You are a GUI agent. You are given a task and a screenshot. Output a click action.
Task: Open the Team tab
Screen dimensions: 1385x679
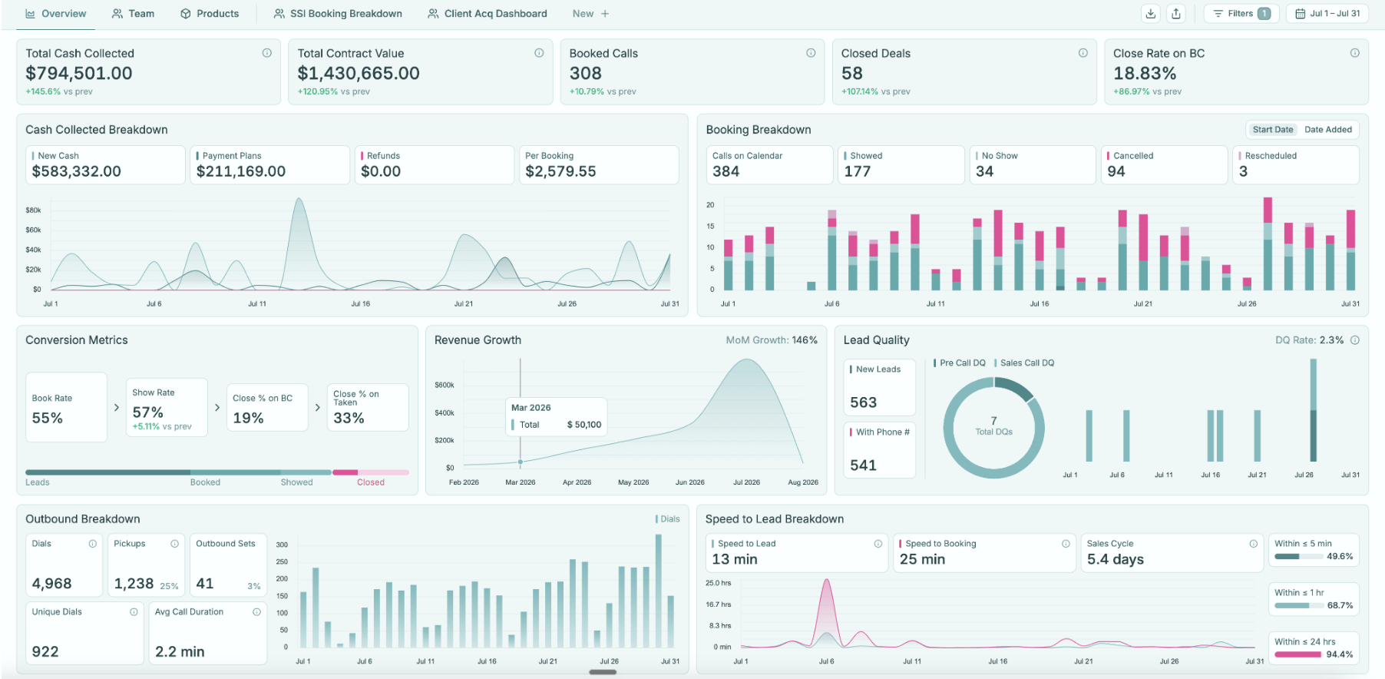click(x=133, y=14)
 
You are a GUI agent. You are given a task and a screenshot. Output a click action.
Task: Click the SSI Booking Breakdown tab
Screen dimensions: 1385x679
click(x=338, y=14)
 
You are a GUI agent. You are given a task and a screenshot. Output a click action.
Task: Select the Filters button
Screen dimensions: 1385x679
click(x=1241, y=14)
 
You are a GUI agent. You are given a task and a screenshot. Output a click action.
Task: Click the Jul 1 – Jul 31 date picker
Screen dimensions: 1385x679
click(x=1327, y=14)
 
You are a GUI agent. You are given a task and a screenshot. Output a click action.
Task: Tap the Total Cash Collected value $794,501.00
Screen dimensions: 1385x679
click(x=79, y=74)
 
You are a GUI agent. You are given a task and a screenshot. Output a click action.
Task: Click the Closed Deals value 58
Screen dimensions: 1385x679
click(x=852, y=74)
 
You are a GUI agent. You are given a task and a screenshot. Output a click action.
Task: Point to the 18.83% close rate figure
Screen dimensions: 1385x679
click(x=1145, y=74)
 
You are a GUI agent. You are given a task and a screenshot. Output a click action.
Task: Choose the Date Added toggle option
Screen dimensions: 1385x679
click(x=1328, y=130)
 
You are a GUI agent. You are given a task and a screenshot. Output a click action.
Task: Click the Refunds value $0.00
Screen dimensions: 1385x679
click(x=381, y=171)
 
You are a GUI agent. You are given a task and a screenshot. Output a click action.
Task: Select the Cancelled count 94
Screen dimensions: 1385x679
click(x=1116, y=171)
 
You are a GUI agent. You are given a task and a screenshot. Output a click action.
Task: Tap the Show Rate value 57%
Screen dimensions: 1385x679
click(x=147, y=412)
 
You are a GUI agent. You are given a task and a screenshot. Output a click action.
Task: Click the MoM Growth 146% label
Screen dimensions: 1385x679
click(x=772, y=340)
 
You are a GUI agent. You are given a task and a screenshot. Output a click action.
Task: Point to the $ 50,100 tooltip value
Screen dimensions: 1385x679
click(x=584, y=425)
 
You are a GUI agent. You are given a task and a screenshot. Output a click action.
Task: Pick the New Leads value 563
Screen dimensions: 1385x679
click(x=864, y=402)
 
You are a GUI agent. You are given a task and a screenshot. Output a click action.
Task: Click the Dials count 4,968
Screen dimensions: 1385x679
click(x=51, y=584)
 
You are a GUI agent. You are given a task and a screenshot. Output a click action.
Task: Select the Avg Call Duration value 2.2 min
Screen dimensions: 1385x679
click(x=180, y=652)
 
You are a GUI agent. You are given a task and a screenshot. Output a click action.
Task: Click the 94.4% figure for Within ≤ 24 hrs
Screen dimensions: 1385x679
click(x=1340, y=654)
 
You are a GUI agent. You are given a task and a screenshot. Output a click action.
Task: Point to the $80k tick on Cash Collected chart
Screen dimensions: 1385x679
click(x=33, y=210)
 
